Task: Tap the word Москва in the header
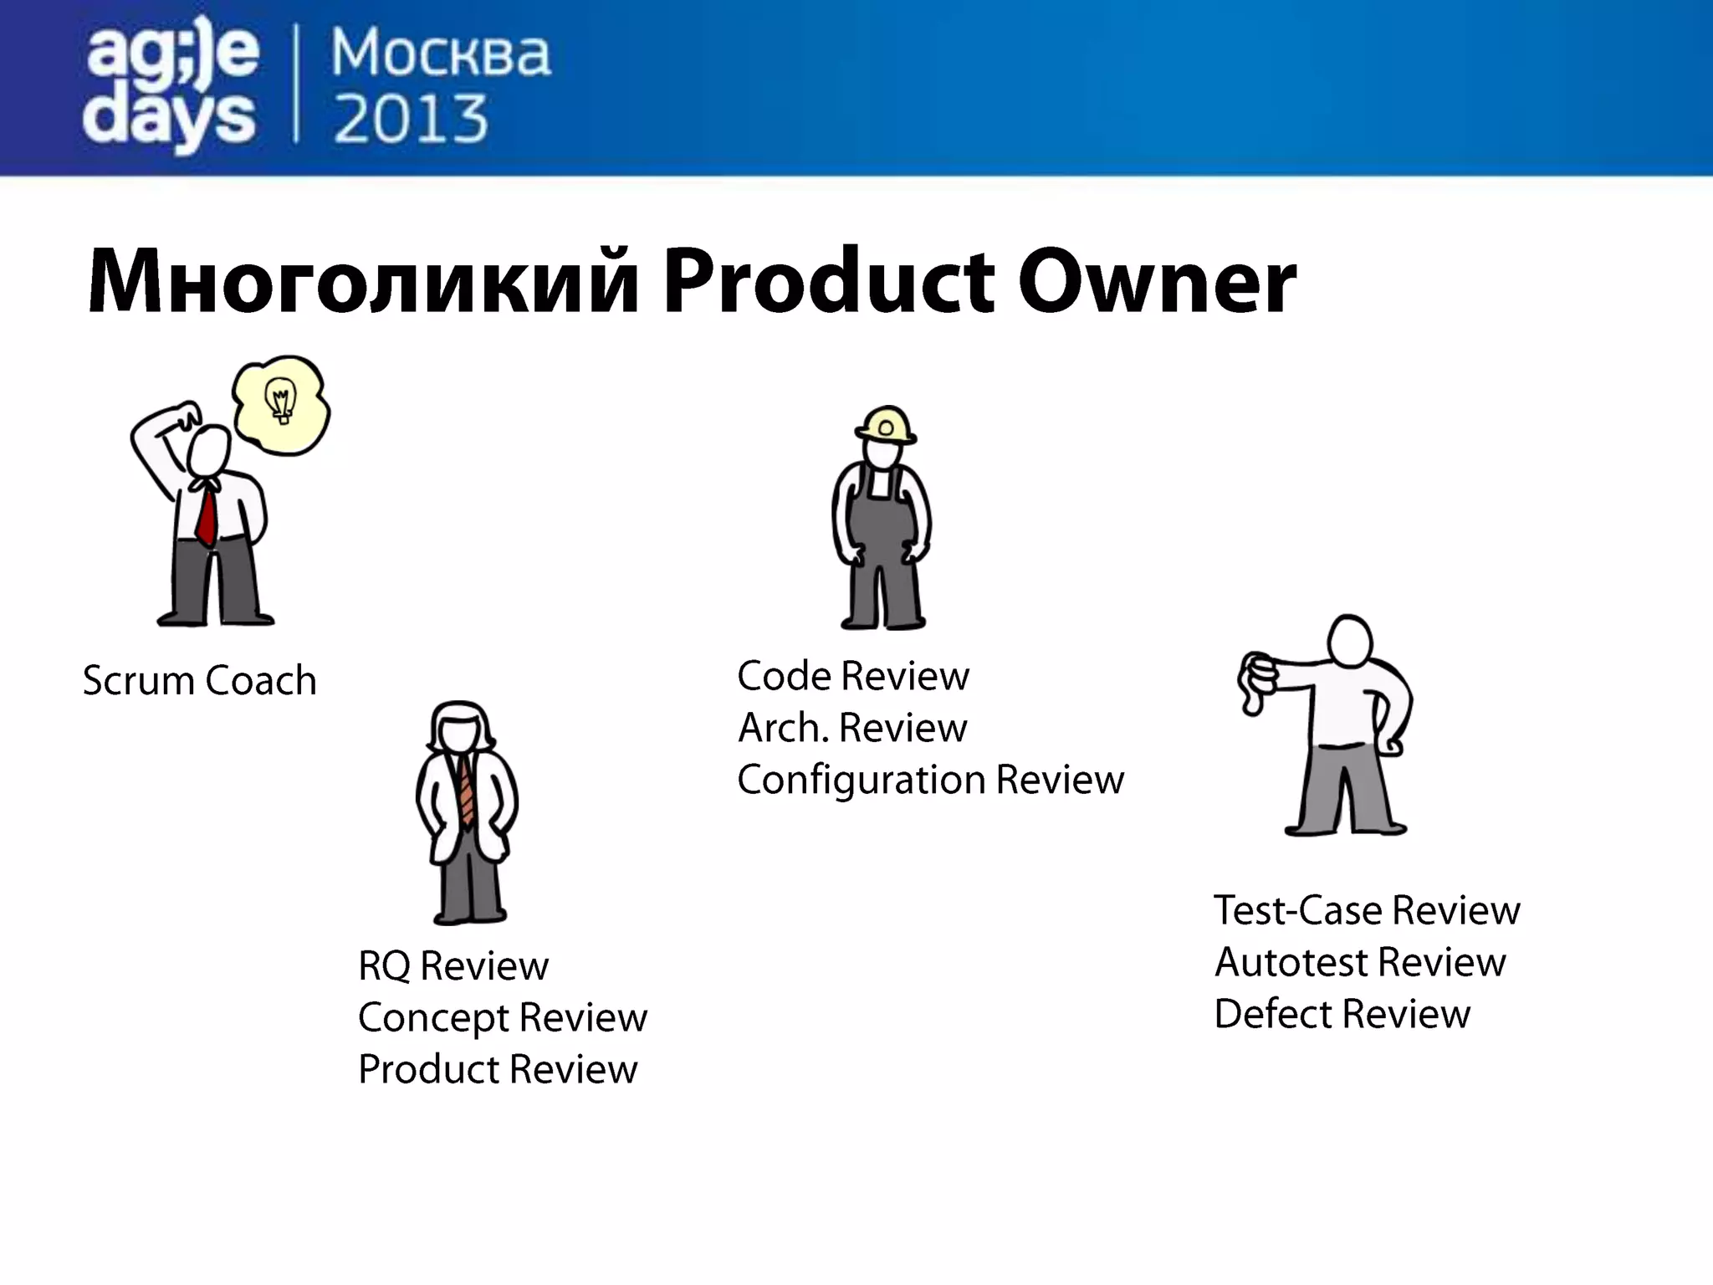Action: click(441, 54)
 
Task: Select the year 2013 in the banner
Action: click(411, 119)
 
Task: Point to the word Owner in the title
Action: click(1157, 281)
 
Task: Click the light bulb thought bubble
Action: click(281, 405)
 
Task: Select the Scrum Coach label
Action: click(200, 680)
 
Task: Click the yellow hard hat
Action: click(886, 425)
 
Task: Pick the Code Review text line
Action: click(853, 676)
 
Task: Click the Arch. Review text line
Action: click(852, 728)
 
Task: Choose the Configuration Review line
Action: click(930, 780)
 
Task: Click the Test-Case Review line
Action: click(1367, 910)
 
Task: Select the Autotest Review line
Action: click(1360, 962)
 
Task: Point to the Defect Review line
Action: click(1342, 1014)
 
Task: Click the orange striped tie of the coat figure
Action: click(466, 791)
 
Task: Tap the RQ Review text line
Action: click(453, 966)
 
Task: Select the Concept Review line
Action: click(503, 1018)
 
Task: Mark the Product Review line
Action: click(498, 1070)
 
